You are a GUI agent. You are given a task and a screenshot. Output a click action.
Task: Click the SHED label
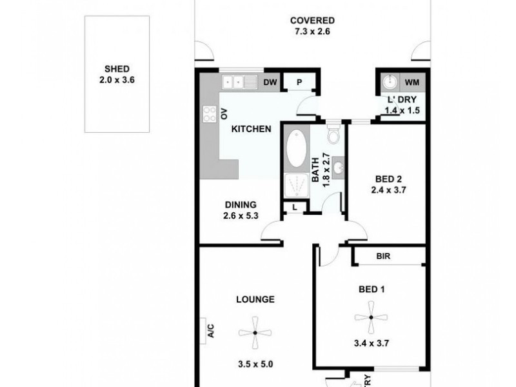coord(118,70)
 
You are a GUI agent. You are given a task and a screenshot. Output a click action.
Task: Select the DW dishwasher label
coord(270,82)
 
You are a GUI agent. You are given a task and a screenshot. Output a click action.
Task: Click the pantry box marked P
coord(300,83)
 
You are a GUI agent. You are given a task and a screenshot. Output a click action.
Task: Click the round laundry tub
coord(390,83)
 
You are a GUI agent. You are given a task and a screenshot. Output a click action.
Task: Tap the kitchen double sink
coord(238,82)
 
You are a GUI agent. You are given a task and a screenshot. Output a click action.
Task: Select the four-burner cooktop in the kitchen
coord(210,114)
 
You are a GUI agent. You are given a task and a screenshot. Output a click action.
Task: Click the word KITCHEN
coord(251,129)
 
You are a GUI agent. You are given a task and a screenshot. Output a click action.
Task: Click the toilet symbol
coord(333,136)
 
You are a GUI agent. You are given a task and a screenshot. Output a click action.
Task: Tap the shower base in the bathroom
coord(297,185)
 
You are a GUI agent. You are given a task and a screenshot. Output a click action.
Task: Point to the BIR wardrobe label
coord(385,255)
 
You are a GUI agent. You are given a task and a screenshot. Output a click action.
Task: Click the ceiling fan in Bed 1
coord(372,316)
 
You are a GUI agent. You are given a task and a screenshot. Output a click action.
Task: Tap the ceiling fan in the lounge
coord(255,333)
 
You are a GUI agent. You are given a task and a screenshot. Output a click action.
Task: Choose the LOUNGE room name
coord(255,299)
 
